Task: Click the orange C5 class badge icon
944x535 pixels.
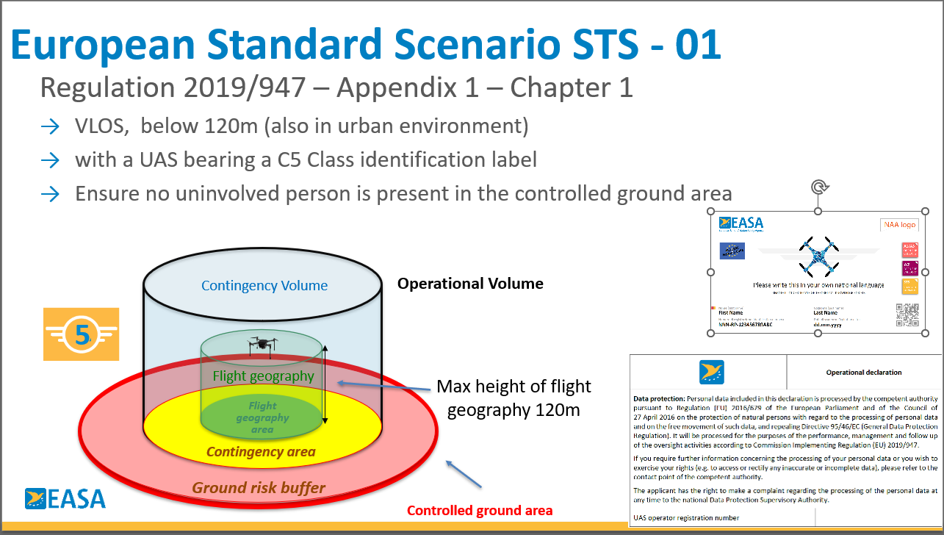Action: point(81,334)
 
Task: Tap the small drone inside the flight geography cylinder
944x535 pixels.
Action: point(262,343)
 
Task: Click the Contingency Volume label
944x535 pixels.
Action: point(264,286)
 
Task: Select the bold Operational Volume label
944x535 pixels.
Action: point(470,284)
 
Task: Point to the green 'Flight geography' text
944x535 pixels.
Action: point(263,376)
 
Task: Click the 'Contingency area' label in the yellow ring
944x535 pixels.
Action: point(261,451)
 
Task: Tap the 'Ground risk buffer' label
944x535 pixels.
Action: point(259,487)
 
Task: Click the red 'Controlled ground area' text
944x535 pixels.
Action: point(479,510)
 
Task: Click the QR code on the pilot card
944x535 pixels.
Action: point(907,315)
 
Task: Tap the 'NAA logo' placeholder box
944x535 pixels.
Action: point(900,225)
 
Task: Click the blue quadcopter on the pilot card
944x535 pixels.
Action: point(818,255)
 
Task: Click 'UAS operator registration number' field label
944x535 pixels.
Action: point(686,517)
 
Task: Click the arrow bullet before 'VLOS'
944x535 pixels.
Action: point(50,126)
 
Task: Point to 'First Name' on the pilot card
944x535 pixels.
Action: point(732,312)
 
